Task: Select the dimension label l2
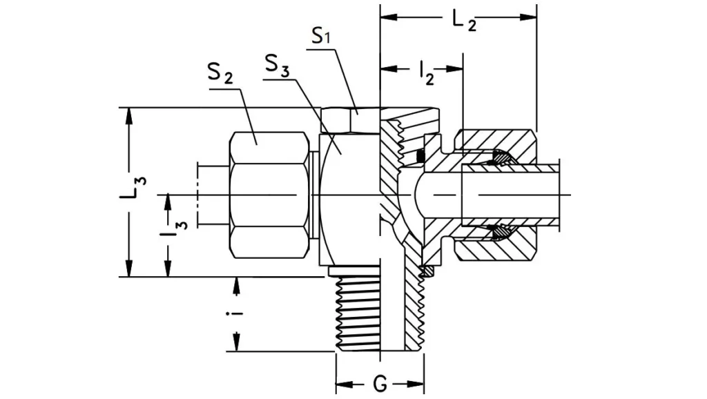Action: click(426, 71)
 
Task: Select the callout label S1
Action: click(322, 37)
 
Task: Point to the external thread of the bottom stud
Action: click(358, 311)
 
